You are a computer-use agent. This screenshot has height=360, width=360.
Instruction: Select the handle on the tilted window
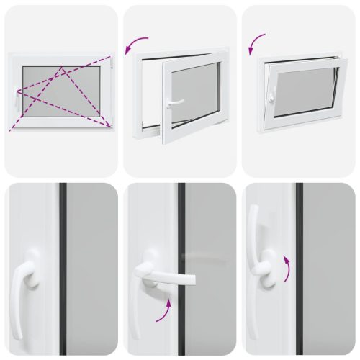272,93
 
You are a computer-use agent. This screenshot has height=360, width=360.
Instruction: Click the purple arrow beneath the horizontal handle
167,310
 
